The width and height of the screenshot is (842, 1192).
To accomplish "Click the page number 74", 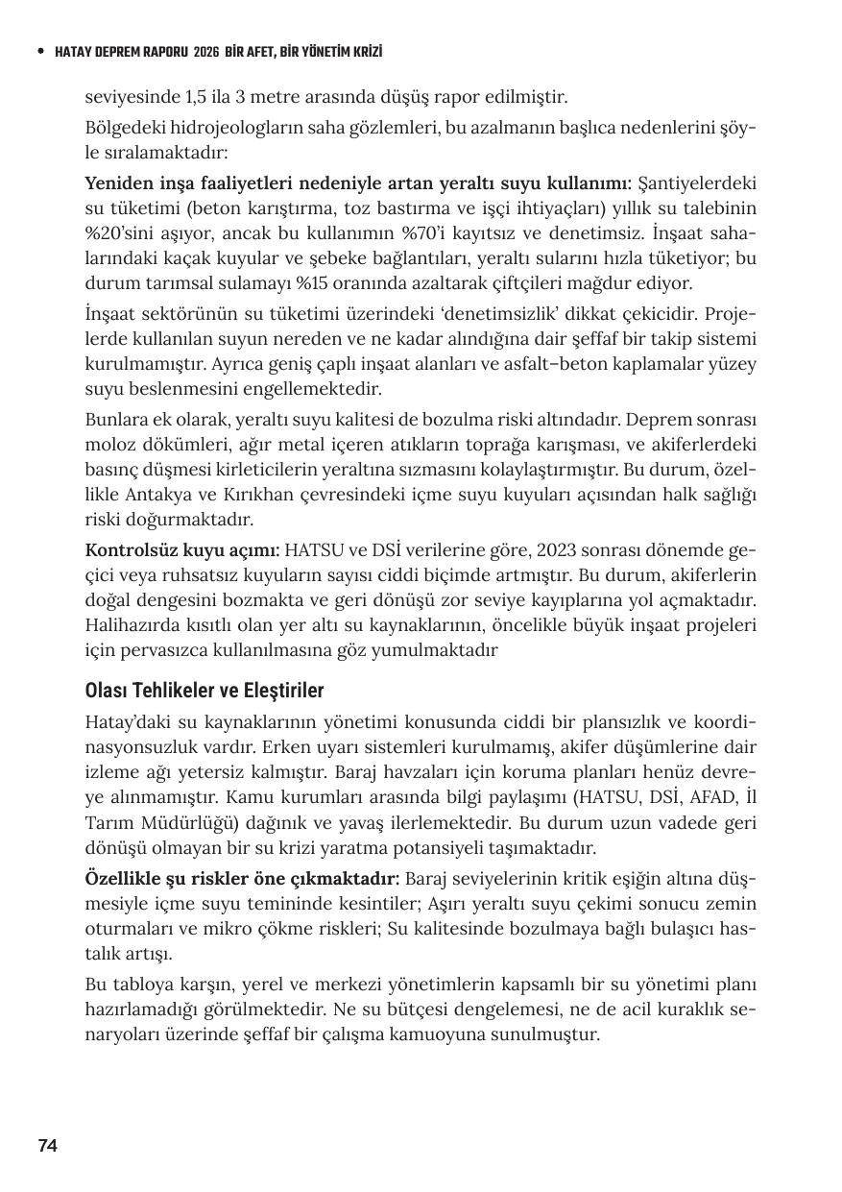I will click(47, 1145).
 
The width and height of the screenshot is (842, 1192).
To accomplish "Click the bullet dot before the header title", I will click(39, 52).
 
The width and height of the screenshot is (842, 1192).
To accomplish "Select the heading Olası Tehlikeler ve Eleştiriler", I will click(204, 691).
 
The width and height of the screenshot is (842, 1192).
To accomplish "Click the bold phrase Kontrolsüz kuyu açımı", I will click(182, 549).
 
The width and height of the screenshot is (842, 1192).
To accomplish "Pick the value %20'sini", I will click(120, 233).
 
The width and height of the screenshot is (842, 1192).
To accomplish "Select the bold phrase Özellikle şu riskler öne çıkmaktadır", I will click(242, 879).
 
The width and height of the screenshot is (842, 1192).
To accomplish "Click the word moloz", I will click(106, 445).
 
